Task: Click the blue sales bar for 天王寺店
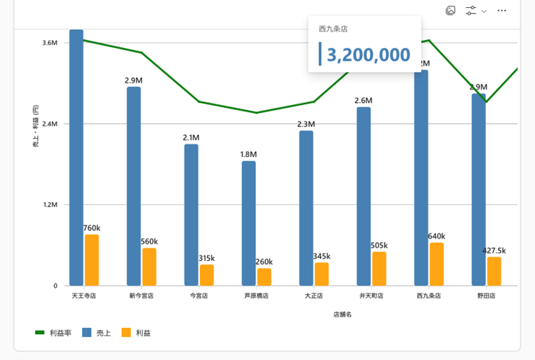(x=76, y=157)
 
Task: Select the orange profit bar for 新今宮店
(x=149, y=266)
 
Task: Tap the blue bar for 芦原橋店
(x=249, y=223)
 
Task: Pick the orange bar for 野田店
(x=494, y=271)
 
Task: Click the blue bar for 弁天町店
(x=364, y=196)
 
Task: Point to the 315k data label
(x=206, y=258)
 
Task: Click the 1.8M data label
(x=249, y=154)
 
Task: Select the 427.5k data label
(x=494, y=251)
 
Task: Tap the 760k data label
(x=91, y=229)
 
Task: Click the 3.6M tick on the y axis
(x=49, y=43)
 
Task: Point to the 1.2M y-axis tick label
(x=49, y=205)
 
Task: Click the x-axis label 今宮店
(x=199, y=295)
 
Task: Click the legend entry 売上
(x=104, y=333)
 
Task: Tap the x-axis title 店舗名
(x=342, y=314)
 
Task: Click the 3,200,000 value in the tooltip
(x=369, y=55)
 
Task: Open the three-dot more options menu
(x=501, y=11)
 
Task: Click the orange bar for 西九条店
(x=436, y=264)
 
